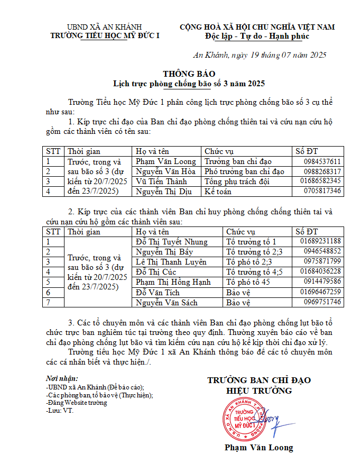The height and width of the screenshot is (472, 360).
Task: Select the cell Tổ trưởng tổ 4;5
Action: [254, 272]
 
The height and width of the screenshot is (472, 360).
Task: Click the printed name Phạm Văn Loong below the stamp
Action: [259, 448]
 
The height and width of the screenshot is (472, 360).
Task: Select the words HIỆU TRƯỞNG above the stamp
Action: [259, 391]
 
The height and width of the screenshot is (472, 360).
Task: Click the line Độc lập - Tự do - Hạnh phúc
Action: [257, 37]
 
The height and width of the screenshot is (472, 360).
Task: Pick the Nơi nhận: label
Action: [62, 379]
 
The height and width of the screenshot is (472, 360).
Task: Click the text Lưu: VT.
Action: [60, 410]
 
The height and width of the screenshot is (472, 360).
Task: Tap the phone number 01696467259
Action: [320, 292]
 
